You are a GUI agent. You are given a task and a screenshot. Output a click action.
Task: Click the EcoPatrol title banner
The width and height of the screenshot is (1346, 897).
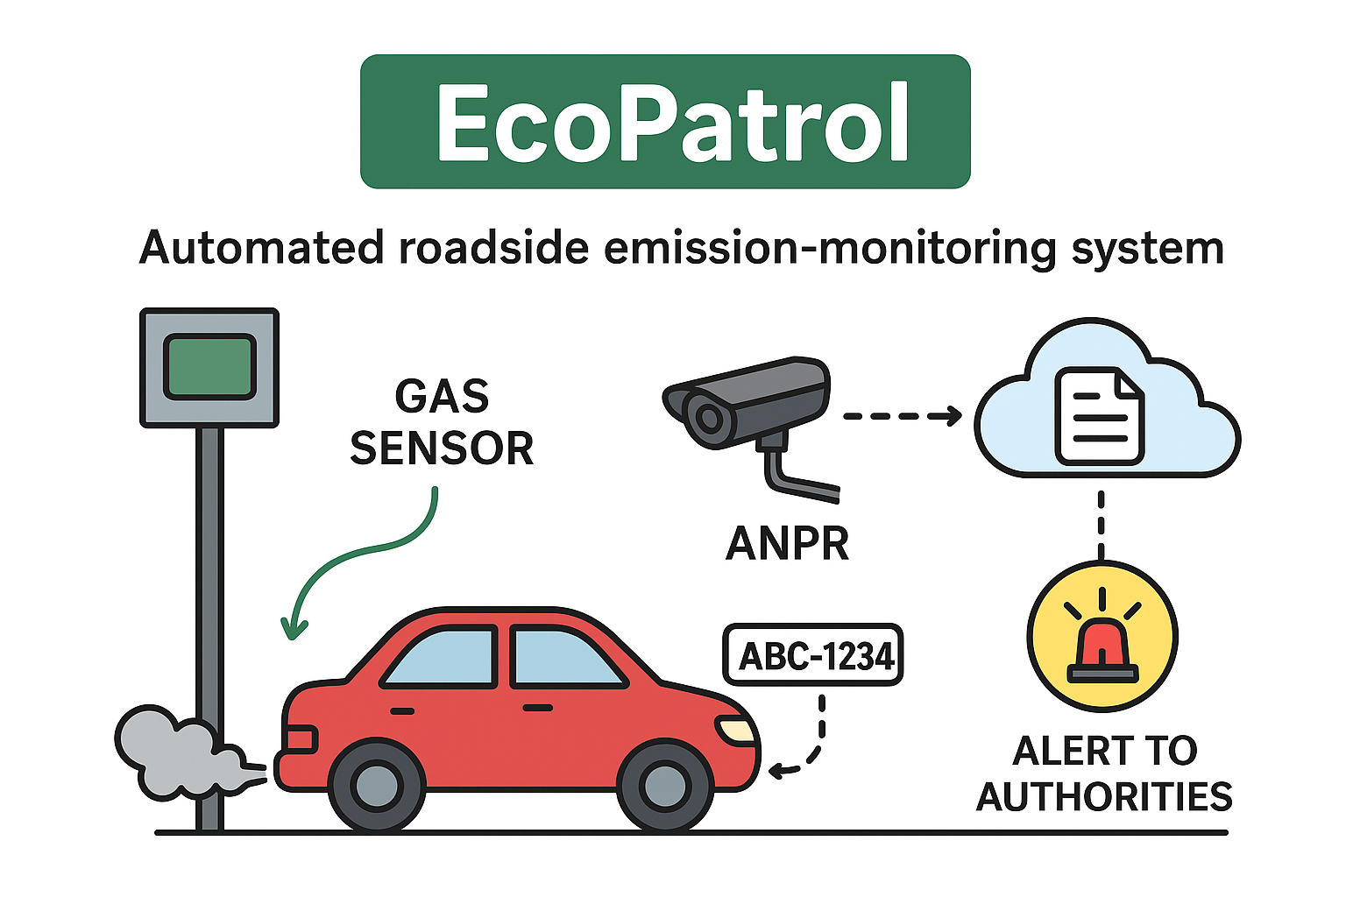665,122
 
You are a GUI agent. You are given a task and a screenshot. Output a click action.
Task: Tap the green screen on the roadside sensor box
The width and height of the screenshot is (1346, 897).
209,366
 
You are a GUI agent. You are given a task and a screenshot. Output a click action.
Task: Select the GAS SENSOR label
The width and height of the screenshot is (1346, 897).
442,422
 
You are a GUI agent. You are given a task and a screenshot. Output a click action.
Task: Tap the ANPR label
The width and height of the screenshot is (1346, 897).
787,544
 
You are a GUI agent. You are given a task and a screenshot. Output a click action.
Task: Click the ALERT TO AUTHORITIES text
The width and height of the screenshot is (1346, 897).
1104,773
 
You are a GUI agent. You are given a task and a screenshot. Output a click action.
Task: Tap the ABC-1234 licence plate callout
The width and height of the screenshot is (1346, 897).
812,655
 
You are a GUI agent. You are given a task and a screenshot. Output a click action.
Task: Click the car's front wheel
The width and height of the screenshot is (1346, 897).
663,786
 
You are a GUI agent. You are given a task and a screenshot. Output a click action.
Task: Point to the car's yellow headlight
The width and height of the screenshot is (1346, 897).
736,729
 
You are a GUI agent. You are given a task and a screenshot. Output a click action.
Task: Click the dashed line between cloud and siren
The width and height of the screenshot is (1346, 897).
1102,524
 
